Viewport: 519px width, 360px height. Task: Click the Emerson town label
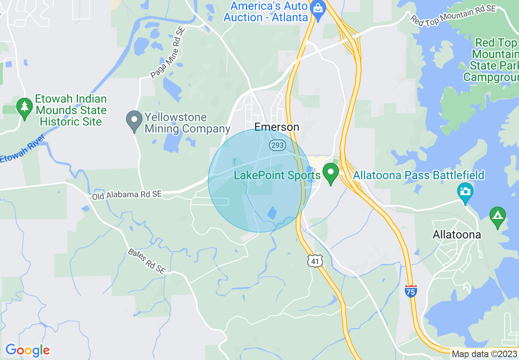277,127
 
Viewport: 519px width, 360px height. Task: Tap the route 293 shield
277,145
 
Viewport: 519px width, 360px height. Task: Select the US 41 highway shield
316,261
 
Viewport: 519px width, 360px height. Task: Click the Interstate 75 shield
411,291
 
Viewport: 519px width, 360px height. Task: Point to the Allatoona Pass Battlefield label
418,175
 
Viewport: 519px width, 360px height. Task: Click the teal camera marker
465,192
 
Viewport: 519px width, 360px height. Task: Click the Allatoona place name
457,235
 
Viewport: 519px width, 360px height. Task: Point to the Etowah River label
20,152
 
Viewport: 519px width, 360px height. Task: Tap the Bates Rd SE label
147,261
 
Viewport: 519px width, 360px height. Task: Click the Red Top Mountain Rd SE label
453,15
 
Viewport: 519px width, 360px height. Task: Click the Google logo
27,350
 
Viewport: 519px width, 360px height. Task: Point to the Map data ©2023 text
485,354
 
